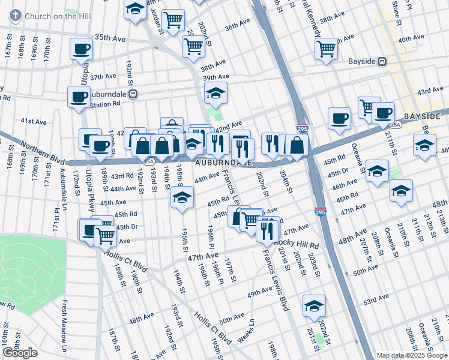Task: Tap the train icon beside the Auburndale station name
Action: click(134, 94)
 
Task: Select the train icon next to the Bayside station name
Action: click(381, 62)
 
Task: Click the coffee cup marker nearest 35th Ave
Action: click(81, 49)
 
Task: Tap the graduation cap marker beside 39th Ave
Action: click(215, 92)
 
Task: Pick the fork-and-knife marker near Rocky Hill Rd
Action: click(268, 229)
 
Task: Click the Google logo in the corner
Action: click(20, 353)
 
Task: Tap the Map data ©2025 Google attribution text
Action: click(411, 355)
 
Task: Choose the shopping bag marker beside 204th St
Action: click(297, 144)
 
